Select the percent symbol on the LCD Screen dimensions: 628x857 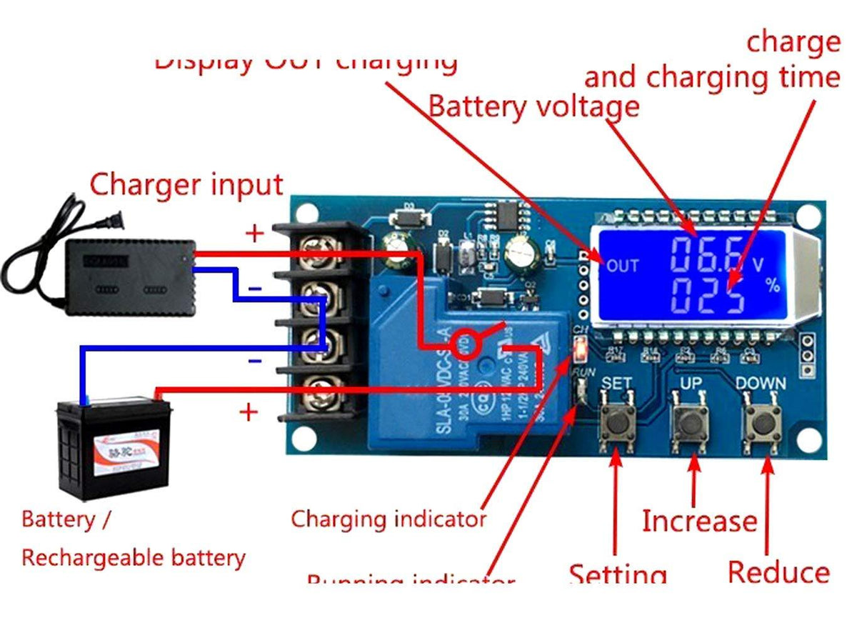[x=773, y=286]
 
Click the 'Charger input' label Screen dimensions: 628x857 [x=186, y=184]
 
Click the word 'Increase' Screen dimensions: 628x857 [x=698, y=521]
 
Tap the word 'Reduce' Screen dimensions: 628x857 [x=778, y=572]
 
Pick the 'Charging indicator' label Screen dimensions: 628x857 [x=389, y=518]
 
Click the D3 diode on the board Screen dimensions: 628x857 [x=409, y=216]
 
